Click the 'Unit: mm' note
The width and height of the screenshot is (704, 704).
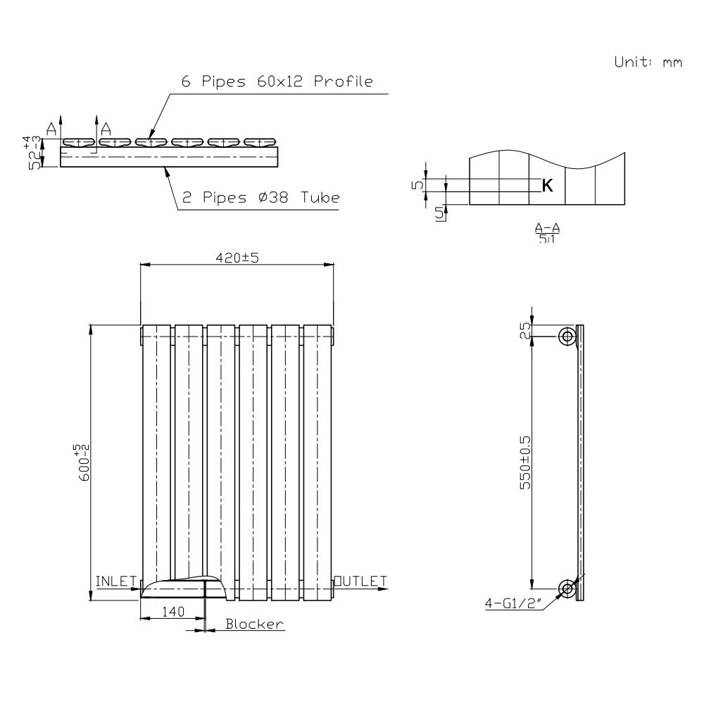click(648, 62)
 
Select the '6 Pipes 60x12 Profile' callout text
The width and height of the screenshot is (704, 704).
click(277, 82)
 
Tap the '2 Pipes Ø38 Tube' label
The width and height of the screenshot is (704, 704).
click(260, 199)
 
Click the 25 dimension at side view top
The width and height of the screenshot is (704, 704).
click(524, 331)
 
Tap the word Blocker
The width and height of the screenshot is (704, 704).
click(254, 624)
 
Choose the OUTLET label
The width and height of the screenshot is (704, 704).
click(361, 581)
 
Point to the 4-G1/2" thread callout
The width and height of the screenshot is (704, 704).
click(512, 603)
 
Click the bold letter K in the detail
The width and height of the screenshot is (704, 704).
click(547, 185)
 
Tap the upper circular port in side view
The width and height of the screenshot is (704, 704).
click(567, 337)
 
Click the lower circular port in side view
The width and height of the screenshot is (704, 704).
click(567, 589)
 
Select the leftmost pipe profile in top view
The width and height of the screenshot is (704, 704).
click(79, 142)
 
